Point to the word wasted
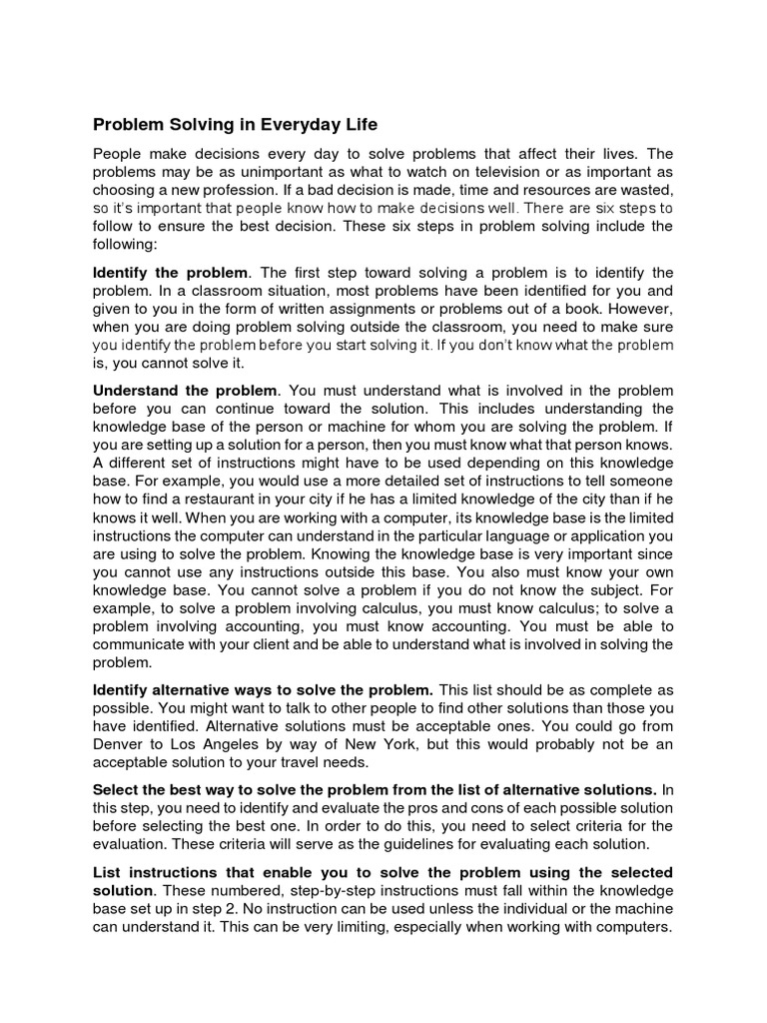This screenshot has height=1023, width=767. pos(646,190)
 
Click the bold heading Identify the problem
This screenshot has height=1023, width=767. pos(169,273)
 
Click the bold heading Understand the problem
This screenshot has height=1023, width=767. pos(186,390)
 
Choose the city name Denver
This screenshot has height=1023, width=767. pos(120,725)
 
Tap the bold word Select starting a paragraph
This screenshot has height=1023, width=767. pos(115,789)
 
